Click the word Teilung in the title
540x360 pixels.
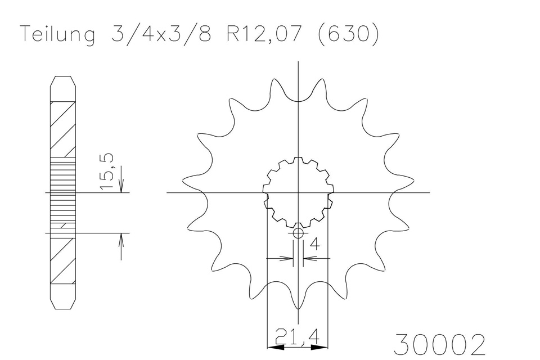click(57, 35)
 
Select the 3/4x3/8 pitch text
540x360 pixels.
click(160, 34)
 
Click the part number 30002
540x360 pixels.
click(440, 343)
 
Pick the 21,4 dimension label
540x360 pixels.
click(298, 337)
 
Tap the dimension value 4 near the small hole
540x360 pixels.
click(314, 244)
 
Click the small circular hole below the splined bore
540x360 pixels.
click(298, 233)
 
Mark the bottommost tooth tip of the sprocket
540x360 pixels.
click(298, 309)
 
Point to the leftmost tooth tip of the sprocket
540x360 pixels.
click(183, 181)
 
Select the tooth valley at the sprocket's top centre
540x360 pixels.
click(298, 101)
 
